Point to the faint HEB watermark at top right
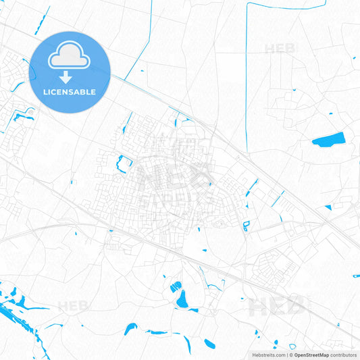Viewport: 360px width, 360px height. pyautogui.click(x=280, y=48)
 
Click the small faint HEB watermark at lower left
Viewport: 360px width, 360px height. pyautogui.click(x=74, y=305)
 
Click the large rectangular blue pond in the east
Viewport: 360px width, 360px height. pyautogui.click(x=328, y=140)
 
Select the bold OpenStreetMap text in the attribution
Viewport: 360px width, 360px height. pyautogui.click(x=311, y=354)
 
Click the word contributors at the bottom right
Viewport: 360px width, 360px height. pyautogui.click(x=342, y=354)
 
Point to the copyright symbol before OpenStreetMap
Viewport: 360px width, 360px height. pyautogui.click(x=290, y=354)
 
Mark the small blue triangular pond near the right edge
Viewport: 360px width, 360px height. pyautogui.click(x=328, y=207)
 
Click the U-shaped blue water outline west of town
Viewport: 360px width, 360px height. pyautogui.click(x=124, y=161)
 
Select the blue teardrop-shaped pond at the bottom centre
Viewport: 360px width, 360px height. pyautogui.click(x=180, y=298)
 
